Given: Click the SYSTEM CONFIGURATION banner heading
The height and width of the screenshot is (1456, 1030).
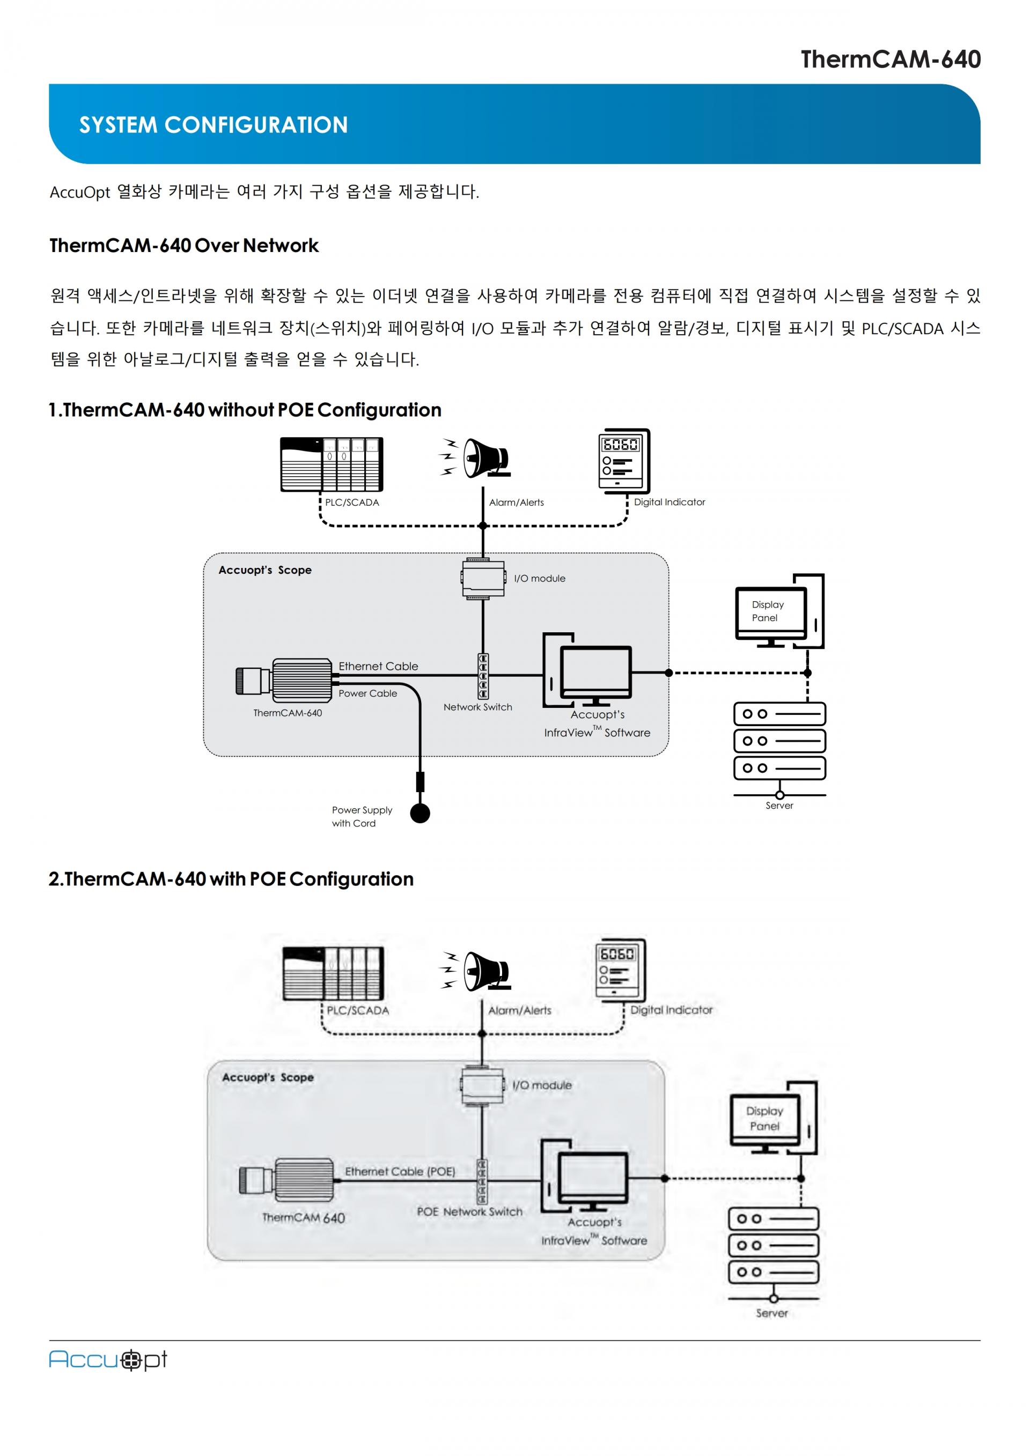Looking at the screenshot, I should (x=213, y=124).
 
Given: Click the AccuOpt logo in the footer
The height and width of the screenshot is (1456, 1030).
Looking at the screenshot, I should (x=108, y=1359).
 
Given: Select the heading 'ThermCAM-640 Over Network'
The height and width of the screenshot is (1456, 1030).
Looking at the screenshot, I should (x=184, y=246).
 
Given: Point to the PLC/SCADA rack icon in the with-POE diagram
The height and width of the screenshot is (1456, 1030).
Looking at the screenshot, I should (x=333, y=973).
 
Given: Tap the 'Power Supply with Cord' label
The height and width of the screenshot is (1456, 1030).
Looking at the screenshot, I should (x=362, y=816).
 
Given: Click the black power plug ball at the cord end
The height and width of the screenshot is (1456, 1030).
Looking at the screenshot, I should (x=420, y=813).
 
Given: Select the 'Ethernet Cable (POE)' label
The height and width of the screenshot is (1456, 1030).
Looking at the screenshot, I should (x=400, y=1171).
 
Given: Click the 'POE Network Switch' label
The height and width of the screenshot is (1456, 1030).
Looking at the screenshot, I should (x=469, y=1211).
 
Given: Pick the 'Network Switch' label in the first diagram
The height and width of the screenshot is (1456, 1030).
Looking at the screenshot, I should (x=477, y=707).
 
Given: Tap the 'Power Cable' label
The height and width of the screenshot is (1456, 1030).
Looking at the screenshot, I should (x=367, y=693).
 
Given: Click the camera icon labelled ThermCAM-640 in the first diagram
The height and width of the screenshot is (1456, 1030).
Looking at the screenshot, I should (x=285, y=680).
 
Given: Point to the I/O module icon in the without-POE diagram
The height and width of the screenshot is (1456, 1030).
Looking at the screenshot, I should (x=483, y=578).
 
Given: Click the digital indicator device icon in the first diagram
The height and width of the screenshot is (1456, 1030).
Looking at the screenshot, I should (x=623, y=460).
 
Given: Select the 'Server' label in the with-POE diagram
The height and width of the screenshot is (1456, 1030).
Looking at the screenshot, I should (x=771, y=1313).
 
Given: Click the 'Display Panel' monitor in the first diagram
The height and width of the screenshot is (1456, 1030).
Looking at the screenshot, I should (x=770, y=612).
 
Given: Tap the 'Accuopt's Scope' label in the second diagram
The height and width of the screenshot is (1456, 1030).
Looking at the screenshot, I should (x=268, y=1077).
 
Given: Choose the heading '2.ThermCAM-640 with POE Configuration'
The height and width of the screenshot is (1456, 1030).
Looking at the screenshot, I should (x=231, y=879).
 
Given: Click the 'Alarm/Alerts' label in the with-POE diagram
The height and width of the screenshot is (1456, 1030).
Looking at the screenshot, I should (x=519, y=1010).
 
